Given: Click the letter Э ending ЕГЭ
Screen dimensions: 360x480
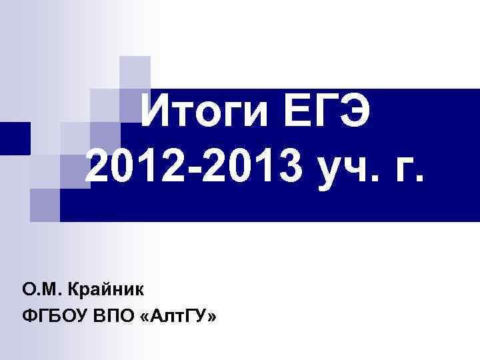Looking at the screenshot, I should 356,115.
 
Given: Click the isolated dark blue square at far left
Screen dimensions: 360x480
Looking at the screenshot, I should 15,139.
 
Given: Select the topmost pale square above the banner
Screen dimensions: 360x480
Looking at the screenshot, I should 135,71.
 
